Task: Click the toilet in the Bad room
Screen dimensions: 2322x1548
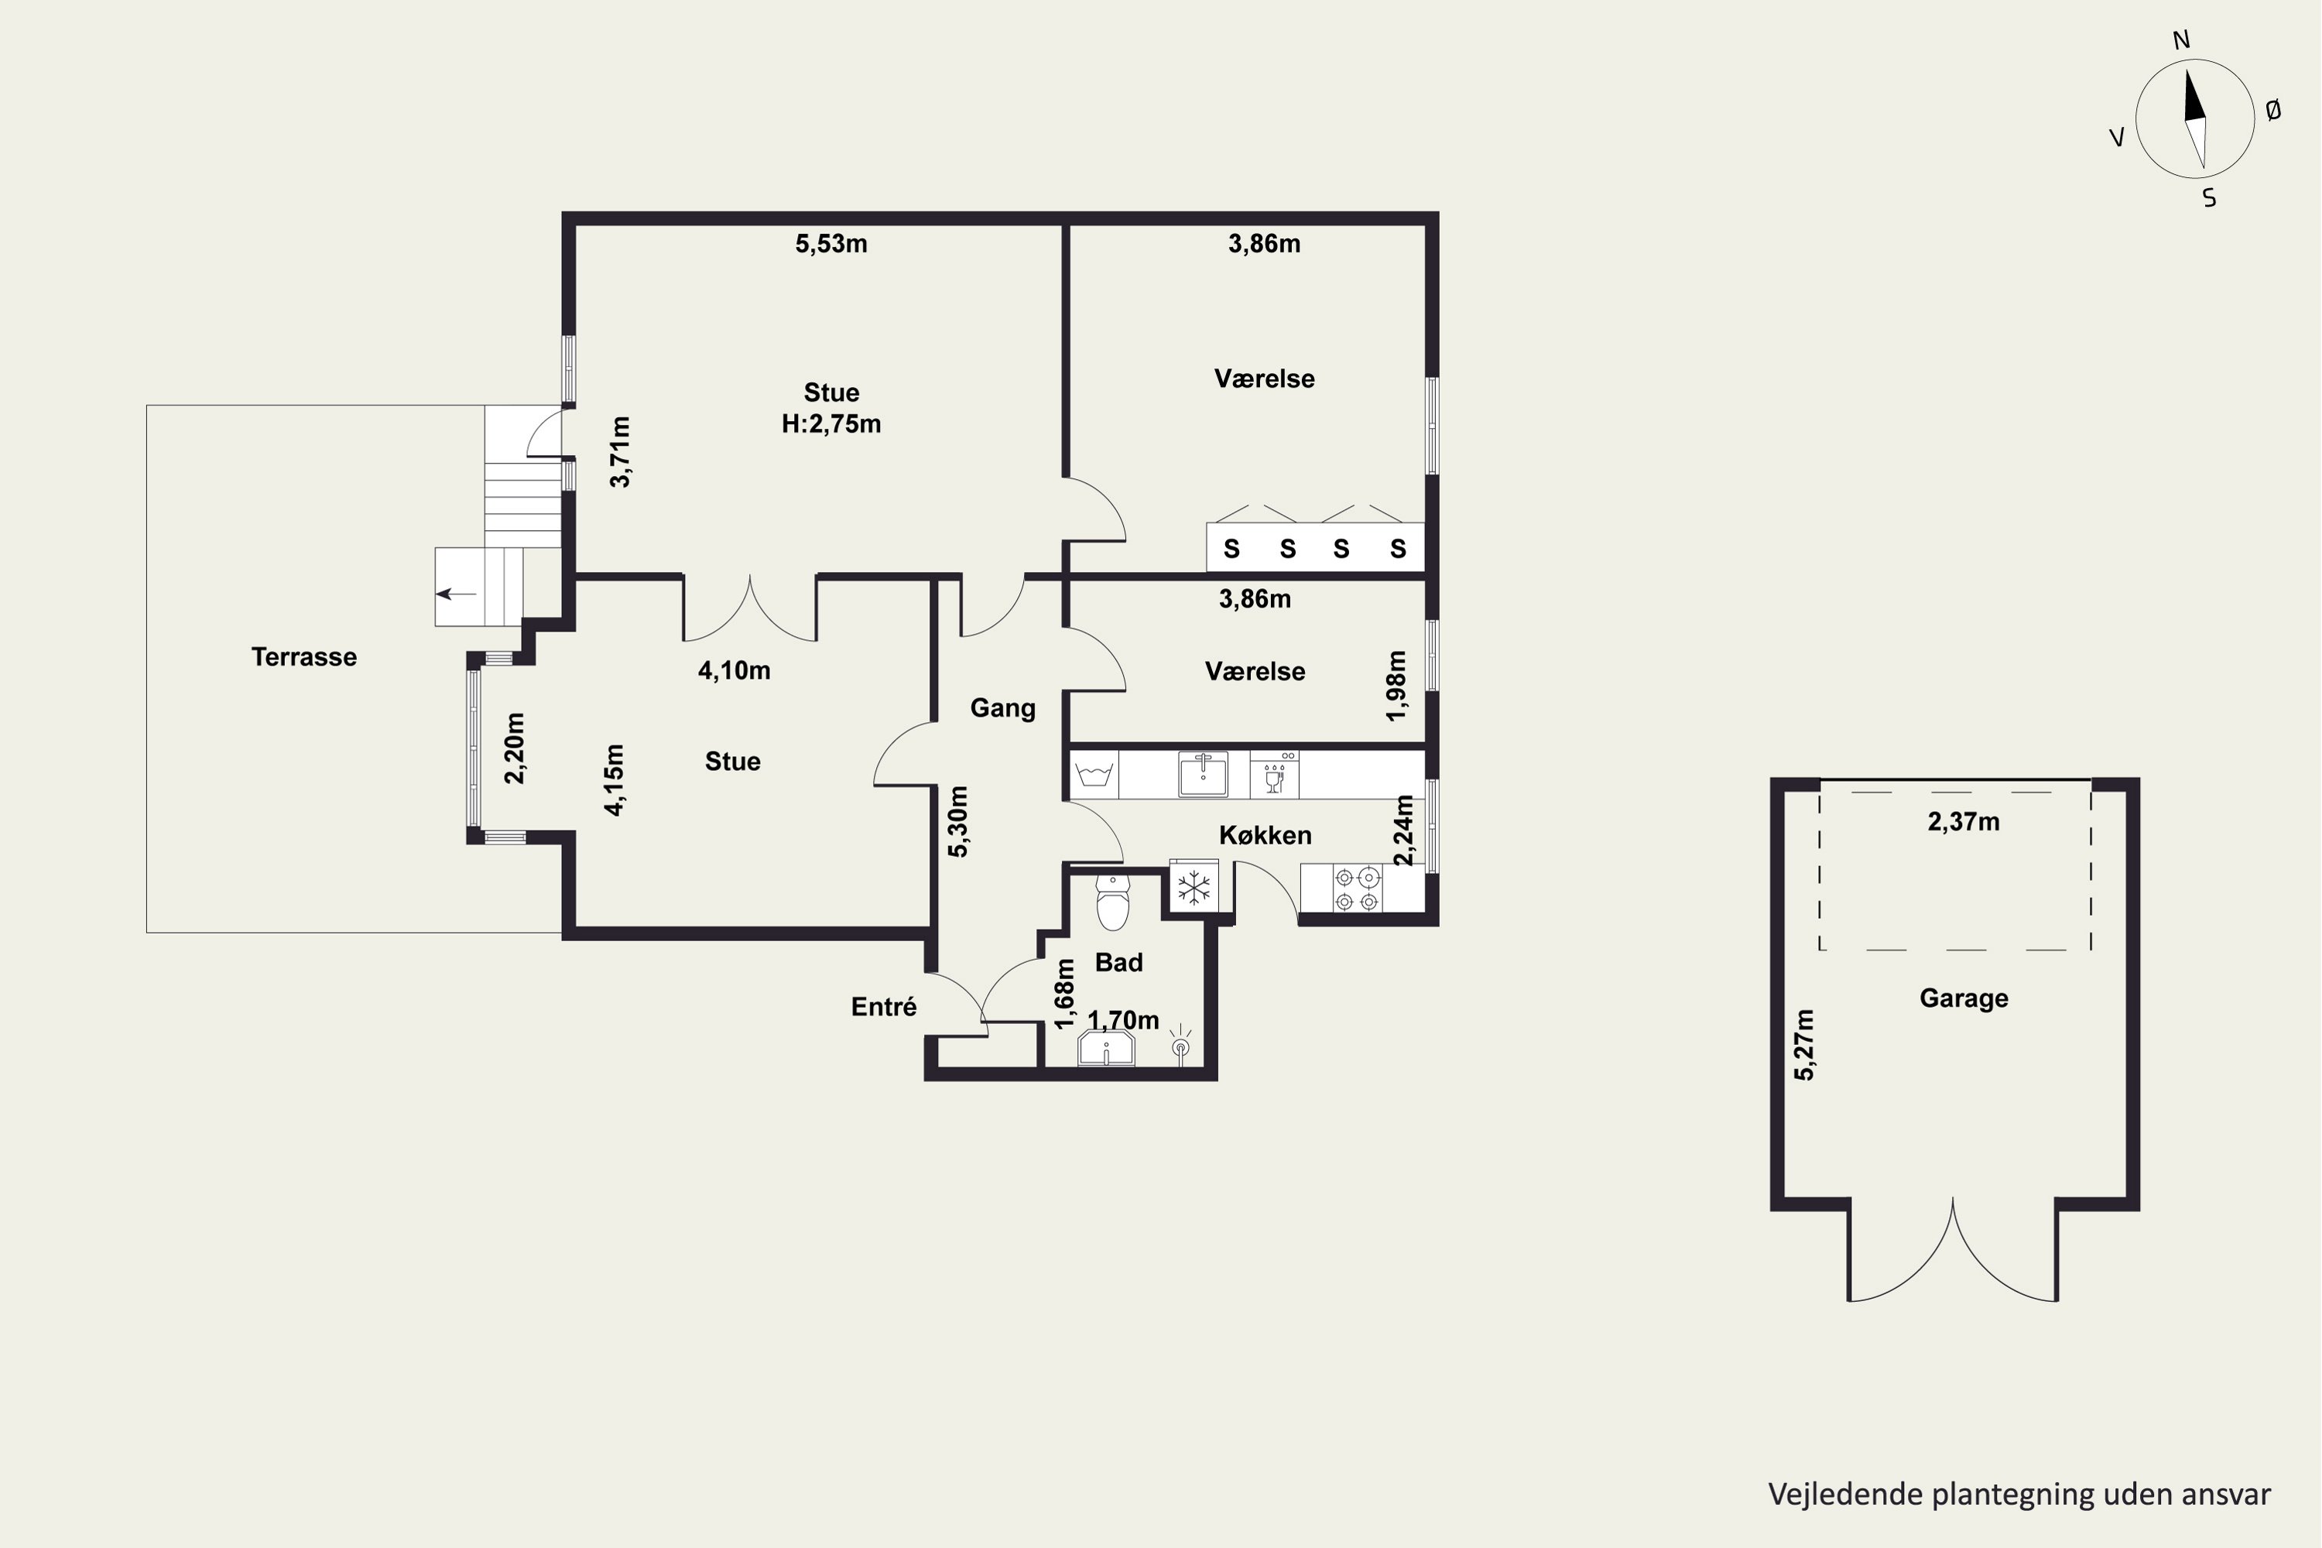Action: click(1113, 902)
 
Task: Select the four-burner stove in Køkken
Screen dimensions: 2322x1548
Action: click(1358, 888)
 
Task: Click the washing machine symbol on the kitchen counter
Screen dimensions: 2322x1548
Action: click(1094, 774)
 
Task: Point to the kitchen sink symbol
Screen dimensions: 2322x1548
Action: click(1204, 774)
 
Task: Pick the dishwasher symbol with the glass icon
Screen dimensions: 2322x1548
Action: click(1275, 774)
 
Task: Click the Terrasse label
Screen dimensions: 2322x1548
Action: click(304, 656)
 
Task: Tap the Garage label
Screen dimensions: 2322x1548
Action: click(1964, 998)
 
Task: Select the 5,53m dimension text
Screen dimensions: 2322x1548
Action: click(831, 244)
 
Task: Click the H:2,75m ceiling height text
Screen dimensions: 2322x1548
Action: click(831, 423)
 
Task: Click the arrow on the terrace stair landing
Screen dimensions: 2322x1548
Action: click(456, 594)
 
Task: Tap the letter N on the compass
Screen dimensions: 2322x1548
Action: click(2182, 39)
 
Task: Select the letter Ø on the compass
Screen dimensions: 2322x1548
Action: click(2274, 111)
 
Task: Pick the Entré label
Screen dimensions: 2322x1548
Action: click(884, 1006)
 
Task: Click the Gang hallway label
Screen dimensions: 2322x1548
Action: click(1003, 708)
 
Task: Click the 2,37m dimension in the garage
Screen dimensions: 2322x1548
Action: click(1964, 821)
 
